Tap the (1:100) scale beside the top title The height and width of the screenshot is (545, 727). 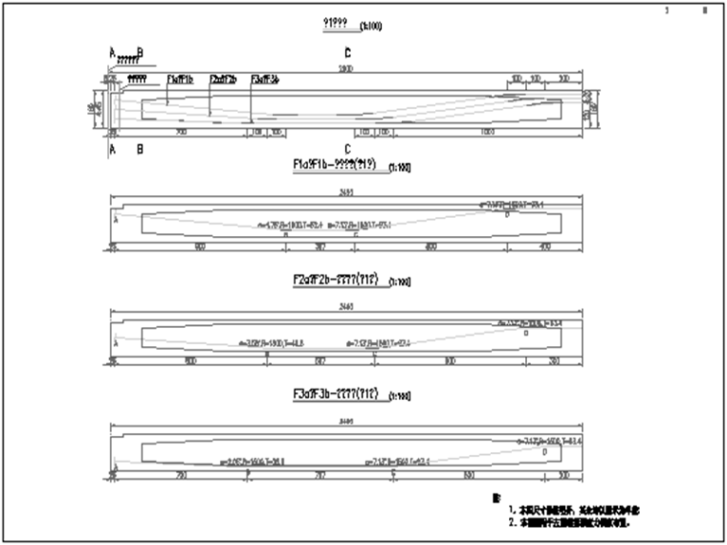[x=370, y=26]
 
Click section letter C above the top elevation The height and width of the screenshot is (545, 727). [x=347, y=53]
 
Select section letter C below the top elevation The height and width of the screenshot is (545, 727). [x=347, y=149]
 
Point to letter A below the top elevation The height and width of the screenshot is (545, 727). [x=112, y=150]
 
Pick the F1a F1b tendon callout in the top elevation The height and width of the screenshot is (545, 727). [x=180, y=79]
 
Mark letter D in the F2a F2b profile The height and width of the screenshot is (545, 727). [x=526, y=333]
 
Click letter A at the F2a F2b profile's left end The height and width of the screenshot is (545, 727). [x=116, y=341]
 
